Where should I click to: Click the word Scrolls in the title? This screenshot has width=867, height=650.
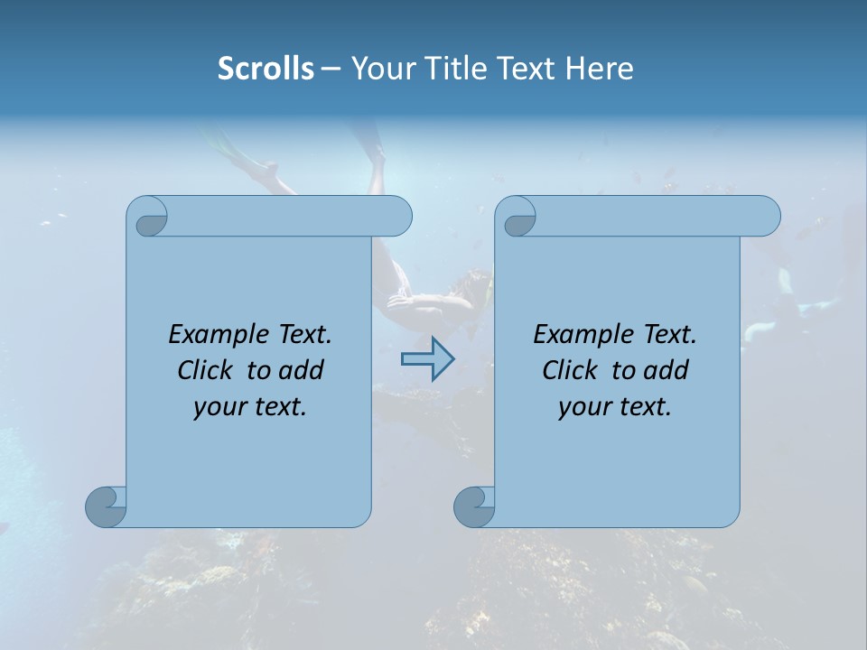click(266, 69)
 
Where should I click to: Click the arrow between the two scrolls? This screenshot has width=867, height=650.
click(427, 359)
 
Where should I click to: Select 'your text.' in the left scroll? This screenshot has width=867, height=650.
click(250, 407)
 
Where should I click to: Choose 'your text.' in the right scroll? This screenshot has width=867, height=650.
click(615, 407)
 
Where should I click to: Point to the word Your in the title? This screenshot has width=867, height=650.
click(378, 69)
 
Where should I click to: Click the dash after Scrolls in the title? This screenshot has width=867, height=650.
click(331, 69)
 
